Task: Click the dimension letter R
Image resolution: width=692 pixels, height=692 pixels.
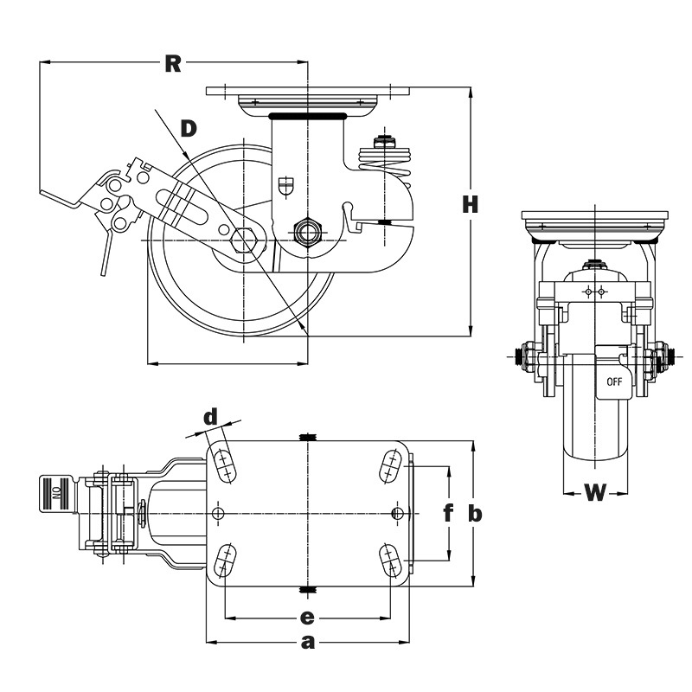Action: pyautogui.click(x=173, y=63)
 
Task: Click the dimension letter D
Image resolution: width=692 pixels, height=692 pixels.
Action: pyautogui.click(x=189, y=129)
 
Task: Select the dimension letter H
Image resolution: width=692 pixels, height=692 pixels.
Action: pyautogui.click(x=471, y=205)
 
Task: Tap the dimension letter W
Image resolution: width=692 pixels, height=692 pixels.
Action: pyautogui.click(x=595, y=492)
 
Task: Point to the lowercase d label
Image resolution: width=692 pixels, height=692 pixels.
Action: pyautogui.click(x=211, y=416)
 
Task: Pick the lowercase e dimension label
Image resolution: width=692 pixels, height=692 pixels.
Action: pyautogui.click(x=307, y=618)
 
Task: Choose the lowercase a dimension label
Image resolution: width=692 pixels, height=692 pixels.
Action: pyautogui.click(x=308, y=643)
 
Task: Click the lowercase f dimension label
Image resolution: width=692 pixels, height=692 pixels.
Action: pyautogui.click(x=448, y=513)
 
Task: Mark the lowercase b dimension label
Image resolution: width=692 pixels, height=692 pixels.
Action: pyautogui.click(x=475, y=514)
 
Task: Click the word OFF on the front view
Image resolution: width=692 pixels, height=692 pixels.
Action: pyautogui.click(x=614, y=381)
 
